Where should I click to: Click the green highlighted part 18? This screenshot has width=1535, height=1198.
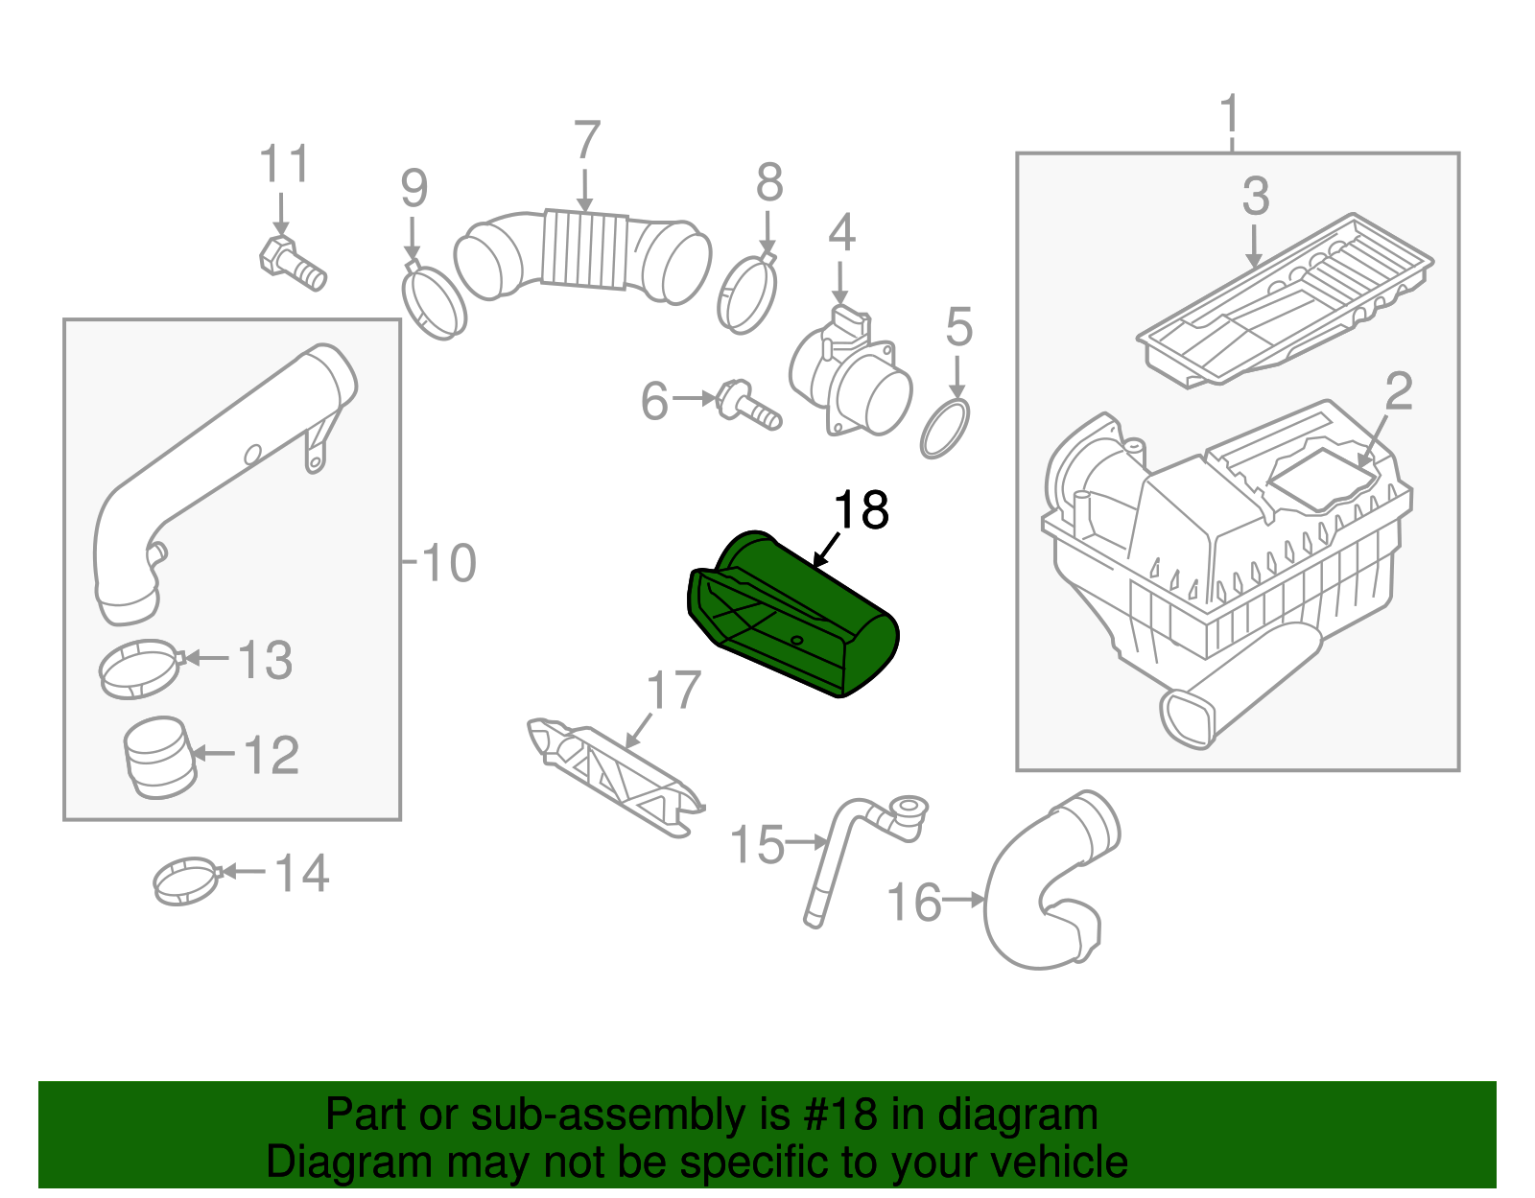pos(796,614)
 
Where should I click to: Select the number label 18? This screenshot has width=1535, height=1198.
pos(861,510)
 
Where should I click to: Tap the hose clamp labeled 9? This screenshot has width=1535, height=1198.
pos(433,302)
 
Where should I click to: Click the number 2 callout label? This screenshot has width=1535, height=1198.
pos(1399,392)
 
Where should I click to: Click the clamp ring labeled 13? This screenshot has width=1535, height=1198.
pos(139,669)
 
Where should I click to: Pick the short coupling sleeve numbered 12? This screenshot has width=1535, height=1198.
pos(159,758)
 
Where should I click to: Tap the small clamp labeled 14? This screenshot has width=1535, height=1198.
pos(185,881)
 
